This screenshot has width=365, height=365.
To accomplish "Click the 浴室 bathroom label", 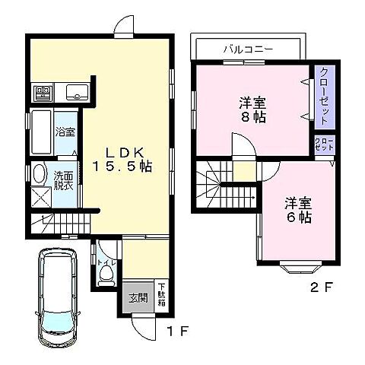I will tap(65, 132).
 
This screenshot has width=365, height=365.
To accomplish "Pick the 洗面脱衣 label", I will tap(64, 182).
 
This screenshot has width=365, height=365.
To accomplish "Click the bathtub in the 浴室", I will tap(40, 132).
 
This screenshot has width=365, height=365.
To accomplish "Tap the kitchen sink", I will tap(76, 94).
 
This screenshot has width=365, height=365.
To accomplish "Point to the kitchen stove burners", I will tap(43, 94).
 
